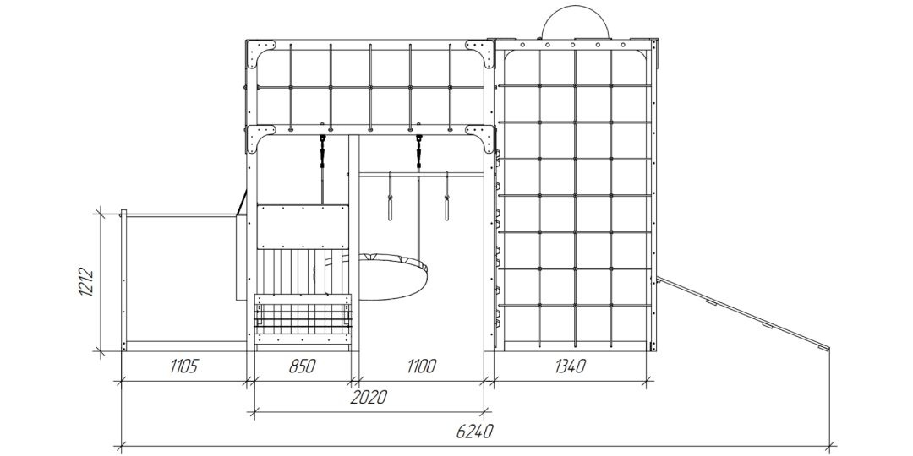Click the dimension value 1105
click(x=184, y=366)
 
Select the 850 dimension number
click(x=302, y=366)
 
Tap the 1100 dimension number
click(x=421, y=366)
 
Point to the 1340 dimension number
click(x=570, y=366)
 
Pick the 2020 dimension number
click(x=369, y=398)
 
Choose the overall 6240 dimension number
click(x=474, y=432)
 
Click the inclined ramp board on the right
click(x=743, y=314)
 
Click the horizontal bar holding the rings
click(x=421, y=174)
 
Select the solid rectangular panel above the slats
click(x=303, y=227)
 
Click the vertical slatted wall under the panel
click(x=303, y=272)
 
